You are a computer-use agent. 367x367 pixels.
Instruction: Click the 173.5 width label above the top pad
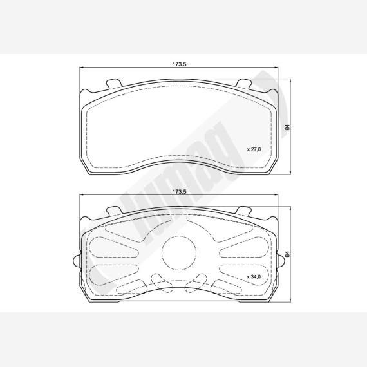(179, 64)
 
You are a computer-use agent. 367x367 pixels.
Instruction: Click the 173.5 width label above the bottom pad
(179, 192)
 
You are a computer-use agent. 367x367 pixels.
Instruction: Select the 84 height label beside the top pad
(287, 127)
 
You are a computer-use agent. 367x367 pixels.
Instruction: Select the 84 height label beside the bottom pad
(287, 254)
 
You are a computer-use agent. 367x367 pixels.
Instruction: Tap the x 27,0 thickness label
(254, 149)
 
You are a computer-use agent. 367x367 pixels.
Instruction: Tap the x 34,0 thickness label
(254, 276)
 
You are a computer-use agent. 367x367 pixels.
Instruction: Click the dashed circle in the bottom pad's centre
(179, 253)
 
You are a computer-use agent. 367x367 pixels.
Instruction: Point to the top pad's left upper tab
(114, 84)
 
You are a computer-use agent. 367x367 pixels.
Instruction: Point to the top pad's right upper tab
(244, 84)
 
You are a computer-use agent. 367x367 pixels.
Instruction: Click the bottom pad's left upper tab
(114, 211)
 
